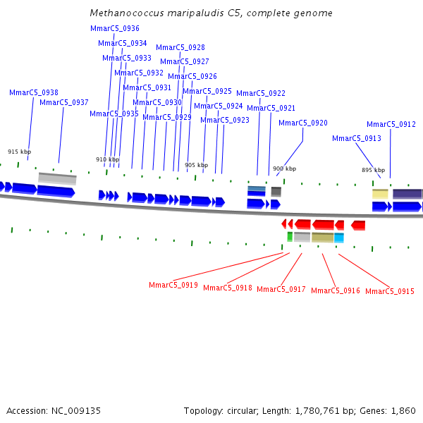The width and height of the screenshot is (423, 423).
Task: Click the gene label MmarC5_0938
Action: pyautogui.click(x=34, y=92)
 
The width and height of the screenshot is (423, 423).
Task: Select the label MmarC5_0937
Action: pyautogui.click(x=64, y=102)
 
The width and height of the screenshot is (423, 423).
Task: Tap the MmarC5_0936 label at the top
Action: pyautogui.click(x=115, y=28)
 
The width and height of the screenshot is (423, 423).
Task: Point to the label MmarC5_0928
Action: pyautogui.click(x=180, y=47)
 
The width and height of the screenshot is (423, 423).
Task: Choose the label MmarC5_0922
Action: pyautogui.click(x=261, y=93)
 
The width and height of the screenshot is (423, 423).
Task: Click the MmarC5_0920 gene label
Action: pyautogui.click(x=303, y=123)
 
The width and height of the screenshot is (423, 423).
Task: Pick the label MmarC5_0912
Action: pyautogui.click(x=391, y=124)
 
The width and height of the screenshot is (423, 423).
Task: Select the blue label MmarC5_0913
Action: pyautogui.click(x=357, y=138)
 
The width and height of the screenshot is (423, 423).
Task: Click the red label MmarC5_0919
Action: pyautogui.click(x=173, y=285)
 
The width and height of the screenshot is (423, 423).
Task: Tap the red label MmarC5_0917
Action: pyautogui.click(x=281, y=289)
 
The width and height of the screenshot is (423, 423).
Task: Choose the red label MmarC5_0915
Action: pyautogui.click(x=390, y=291)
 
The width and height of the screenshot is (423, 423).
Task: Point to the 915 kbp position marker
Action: pyautogui.click(x=20, y=152)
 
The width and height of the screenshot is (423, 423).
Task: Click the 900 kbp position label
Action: pyautogui.click(x=285, y=168)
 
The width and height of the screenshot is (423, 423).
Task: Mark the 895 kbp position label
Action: pyautogui.click(x=374, y=170)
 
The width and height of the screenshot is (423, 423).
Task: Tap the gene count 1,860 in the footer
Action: pyautogui.click(x=403, y=410)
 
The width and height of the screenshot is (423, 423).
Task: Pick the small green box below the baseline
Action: pyautogui.click(x=290, y=237)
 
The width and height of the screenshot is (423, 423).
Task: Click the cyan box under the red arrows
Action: pyautogui.click(x=339, y=238)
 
